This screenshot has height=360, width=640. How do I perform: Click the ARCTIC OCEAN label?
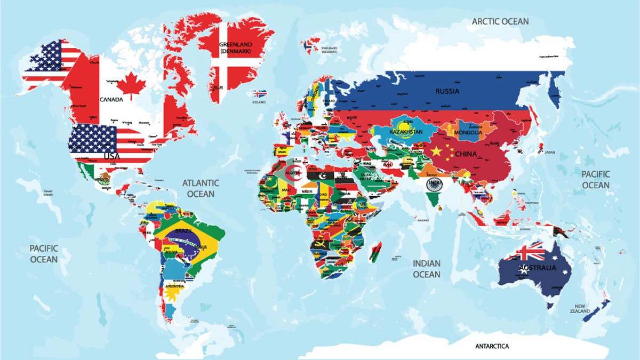coord(500,21)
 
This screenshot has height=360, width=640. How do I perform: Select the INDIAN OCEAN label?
coord(427,269)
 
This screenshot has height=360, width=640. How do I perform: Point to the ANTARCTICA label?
coord(492,346)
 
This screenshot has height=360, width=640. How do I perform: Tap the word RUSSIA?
coord(447,91)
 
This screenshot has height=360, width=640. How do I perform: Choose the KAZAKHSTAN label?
coord(406,132)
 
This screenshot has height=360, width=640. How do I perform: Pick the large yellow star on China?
coord(436,151)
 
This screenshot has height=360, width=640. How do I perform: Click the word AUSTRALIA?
coord(537,267)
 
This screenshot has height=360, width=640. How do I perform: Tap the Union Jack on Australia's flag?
coord(527,251)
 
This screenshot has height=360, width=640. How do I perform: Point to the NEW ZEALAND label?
coord(580,308)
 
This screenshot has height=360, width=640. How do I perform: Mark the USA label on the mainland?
coord(111,156)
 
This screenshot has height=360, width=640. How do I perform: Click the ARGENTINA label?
coord(174,286)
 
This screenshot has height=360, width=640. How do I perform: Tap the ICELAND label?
coord(259,101)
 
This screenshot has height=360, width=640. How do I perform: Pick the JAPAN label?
coord(549,152)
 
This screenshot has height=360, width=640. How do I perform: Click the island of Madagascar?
coord(375,252)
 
